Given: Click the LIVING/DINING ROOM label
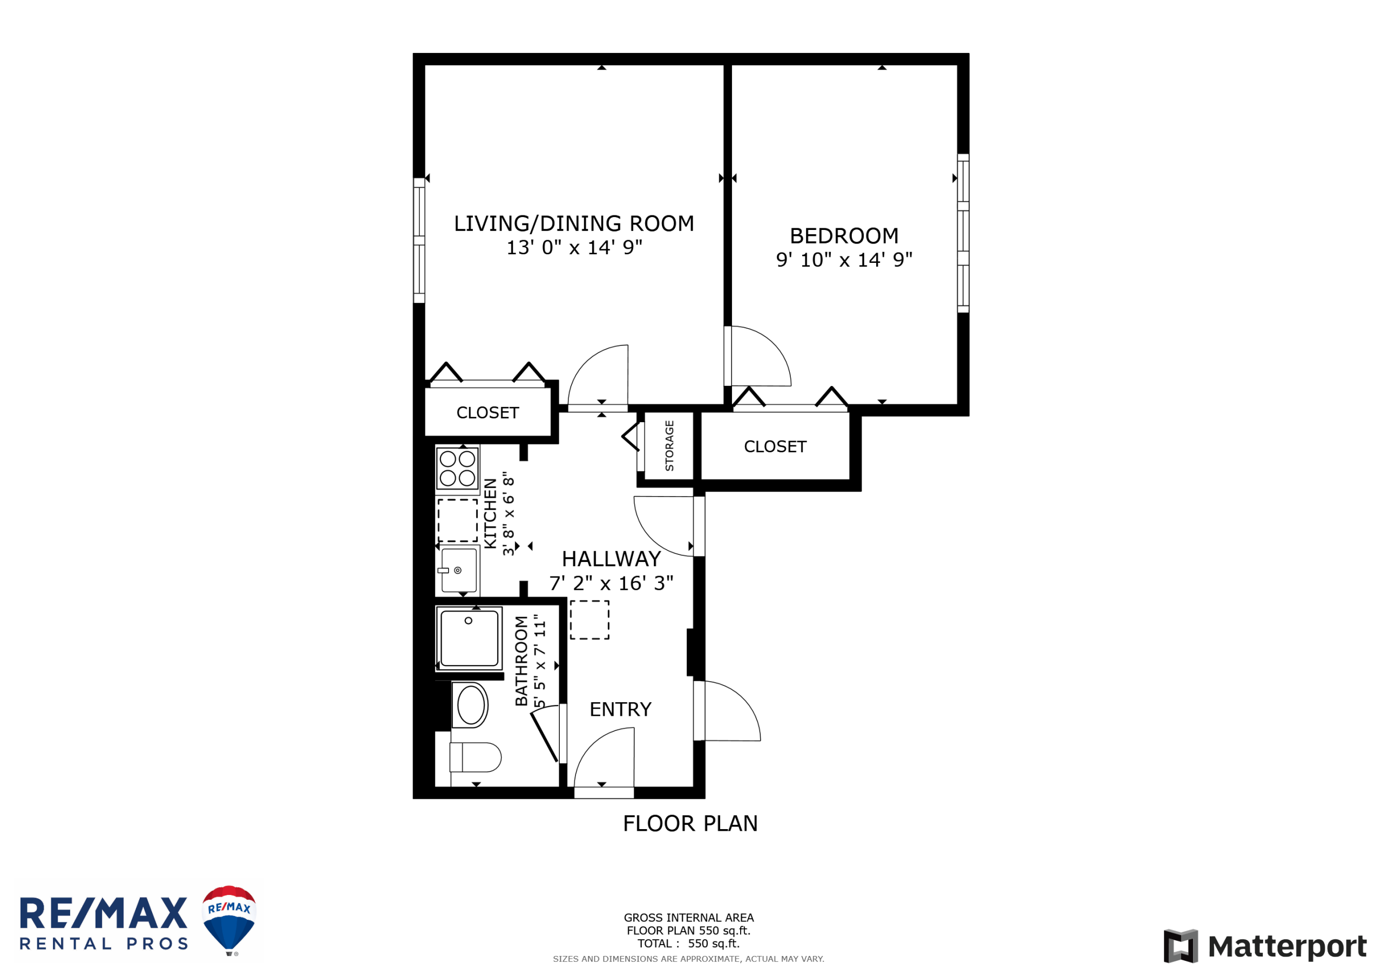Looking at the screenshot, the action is click(x=574, y=223).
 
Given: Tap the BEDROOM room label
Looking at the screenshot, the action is click(x=844, y=236).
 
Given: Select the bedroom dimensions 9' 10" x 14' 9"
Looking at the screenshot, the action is click(x=844, y=260).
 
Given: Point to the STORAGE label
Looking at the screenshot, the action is click(x=669, y=446).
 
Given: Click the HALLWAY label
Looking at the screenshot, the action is click(x=611, y=559).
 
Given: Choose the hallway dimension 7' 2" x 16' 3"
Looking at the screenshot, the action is click(x=611, y=584).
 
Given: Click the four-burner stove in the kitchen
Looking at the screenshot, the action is click(x=457, y=469).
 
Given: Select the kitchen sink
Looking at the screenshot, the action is click(x=459, y=570).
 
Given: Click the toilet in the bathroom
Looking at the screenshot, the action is click(x=476, y=757).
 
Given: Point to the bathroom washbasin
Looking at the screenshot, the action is click(x=471, y=705).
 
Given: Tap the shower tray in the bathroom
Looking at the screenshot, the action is click(x=469, y=639).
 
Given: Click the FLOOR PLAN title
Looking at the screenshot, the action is click(x=690, y=824).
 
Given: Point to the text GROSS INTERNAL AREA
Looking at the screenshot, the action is click(x=689, y=918).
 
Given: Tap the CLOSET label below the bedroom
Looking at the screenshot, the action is click(x=775, y=446).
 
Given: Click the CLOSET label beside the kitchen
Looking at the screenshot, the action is click(x=487, y=413).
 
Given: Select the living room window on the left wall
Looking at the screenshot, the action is click(x=419, y=240).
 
